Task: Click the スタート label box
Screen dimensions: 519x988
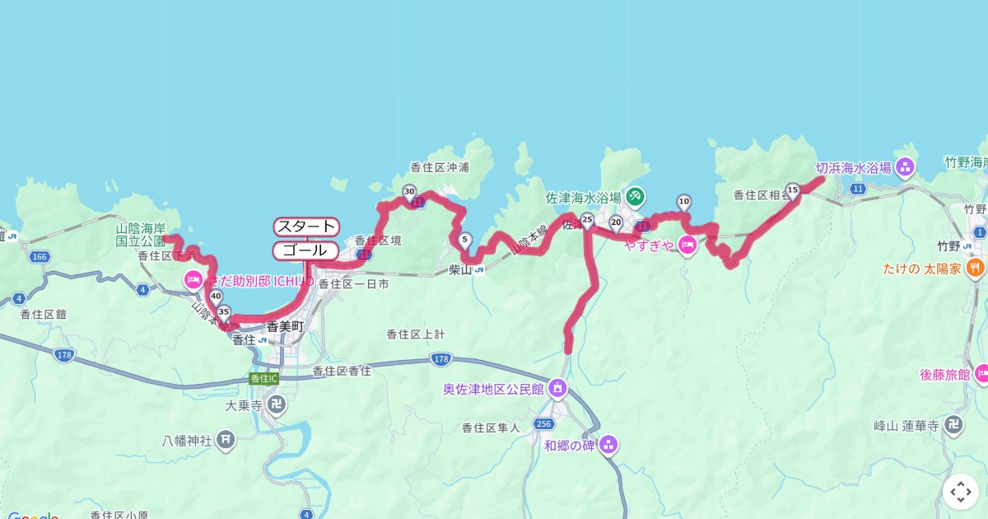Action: (306, 227)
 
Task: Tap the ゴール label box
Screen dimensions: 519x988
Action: (305, 250)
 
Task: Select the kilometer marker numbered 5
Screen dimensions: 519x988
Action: (465, 241)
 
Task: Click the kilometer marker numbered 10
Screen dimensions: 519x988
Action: (683, 201)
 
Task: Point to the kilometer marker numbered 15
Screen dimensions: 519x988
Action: (793, 190)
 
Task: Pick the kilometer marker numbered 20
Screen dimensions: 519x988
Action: (616, 221)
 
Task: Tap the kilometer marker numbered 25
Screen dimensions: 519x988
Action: (587, 219)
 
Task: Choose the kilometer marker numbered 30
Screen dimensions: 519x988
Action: (409, 192)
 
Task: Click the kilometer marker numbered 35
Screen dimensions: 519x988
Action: (223, 311)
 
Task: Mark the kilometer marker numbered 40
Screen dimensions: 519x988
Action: (216, 297)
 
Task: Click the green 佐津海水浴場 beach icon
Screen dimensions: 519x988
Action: (635, 197)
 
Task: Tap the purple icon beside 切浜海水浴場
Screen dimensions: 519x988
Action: (906, 168)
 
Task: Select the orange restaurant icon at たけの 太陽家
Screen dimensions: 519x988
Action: (975, 268)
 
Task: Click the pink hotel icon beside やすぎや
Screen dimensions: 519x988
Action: (687, 245)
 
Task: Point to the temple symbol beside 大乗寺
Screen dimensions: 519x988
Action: (279, 405)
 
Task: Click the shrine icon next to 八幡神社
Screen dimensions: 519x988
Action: (226, 440)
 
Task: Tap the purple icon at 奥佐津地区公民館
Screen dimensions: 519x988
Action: (558, 387)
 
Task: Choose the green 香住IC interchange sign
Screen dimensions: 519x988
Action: (263, 378)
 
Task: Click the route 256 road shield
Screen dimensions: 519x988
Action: (543, 423)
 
